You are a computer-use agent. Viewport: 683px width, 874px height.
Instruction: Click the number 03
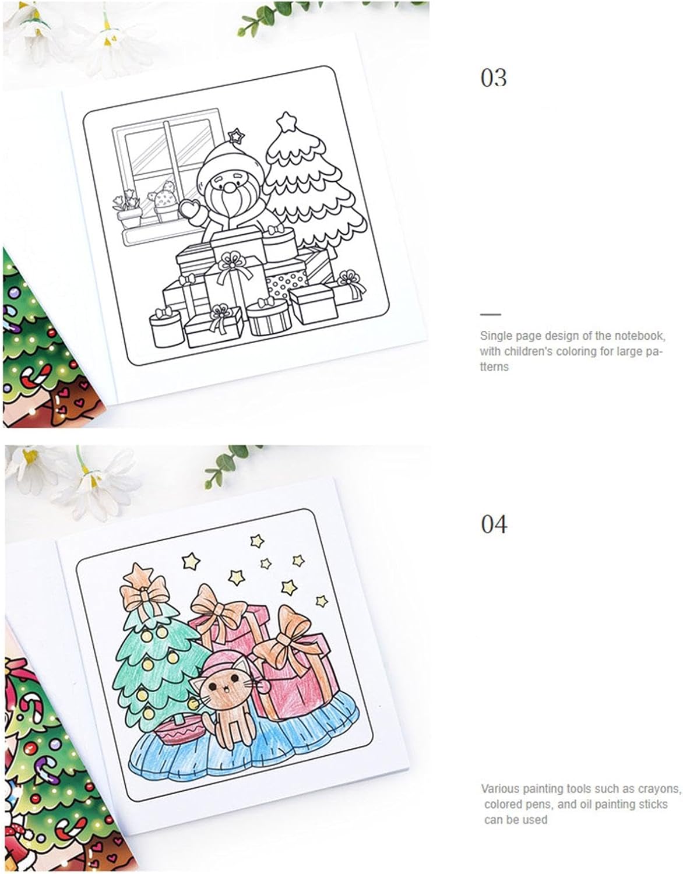click(x=494, y=77)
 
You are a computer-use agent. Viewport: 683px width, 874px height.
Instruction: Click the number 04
click(x=494, y=524)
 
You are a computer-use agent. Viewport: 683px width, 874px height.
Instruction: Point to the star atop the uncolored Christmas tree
click(x=286, y=121)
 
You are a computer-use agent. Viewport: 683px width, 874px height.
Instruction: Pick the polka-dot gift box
click(x=287, y=284)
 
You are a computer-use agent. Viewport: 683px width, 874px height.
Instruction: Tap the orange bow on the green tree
click(x=144, y=594)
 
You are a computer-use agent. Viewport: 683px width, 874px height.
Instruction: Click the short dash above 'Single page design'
click(x=490, y=314)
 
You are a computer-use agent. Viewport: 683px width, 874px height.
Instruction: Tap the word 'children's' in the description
click(x=523, y=351)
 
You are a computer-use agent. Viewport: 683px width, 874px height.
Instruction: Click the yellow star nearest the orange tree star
click(x=191, y=561)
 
